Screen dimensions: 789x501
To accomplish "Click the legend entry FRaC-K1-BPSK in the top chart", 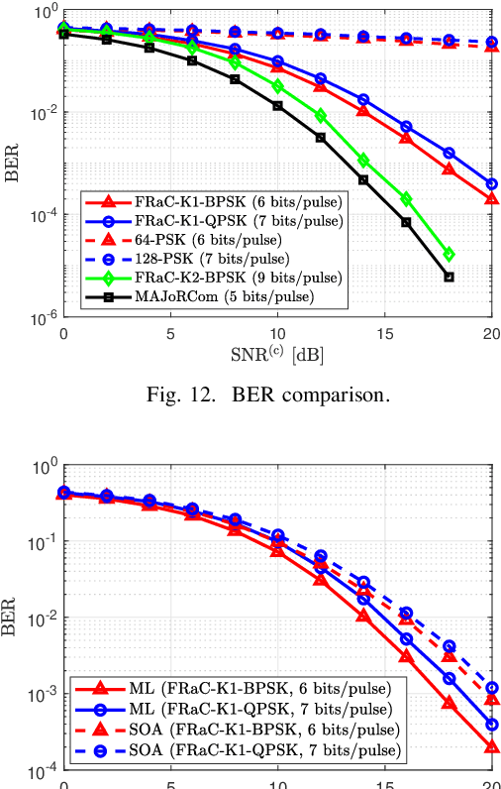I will [x=213, y=201].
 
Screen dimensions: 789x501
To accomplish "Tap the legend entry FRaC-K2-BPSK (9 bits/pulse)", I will [x=213, y=277].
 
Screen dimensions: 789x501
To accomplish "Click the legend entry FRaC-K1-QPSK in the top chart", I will [x=213, y=220].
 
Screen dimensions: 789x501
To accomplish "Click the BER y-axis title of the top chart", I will [x=13, y=165].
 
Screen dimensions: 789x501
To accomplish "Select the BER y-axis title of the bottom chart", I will [x=13, y=615].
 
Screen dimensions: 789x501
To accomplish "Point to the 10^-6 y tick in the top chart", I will [x=43, y=318].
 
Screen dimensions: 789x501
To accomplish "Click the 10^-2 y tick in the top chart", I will [x=43, y=113].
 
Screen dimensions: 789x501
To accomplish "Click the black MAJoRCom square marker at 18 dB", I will [x=449, y=277].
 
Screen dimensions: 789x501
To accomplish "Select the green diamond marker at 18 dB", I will [x=449, y=255].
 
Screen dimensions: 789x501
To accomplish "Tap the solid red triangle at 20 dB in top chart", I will [x=492, y=199].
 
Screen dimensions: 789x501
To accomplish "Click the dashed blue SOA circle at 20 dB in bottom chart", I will [x=492, y=688].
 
